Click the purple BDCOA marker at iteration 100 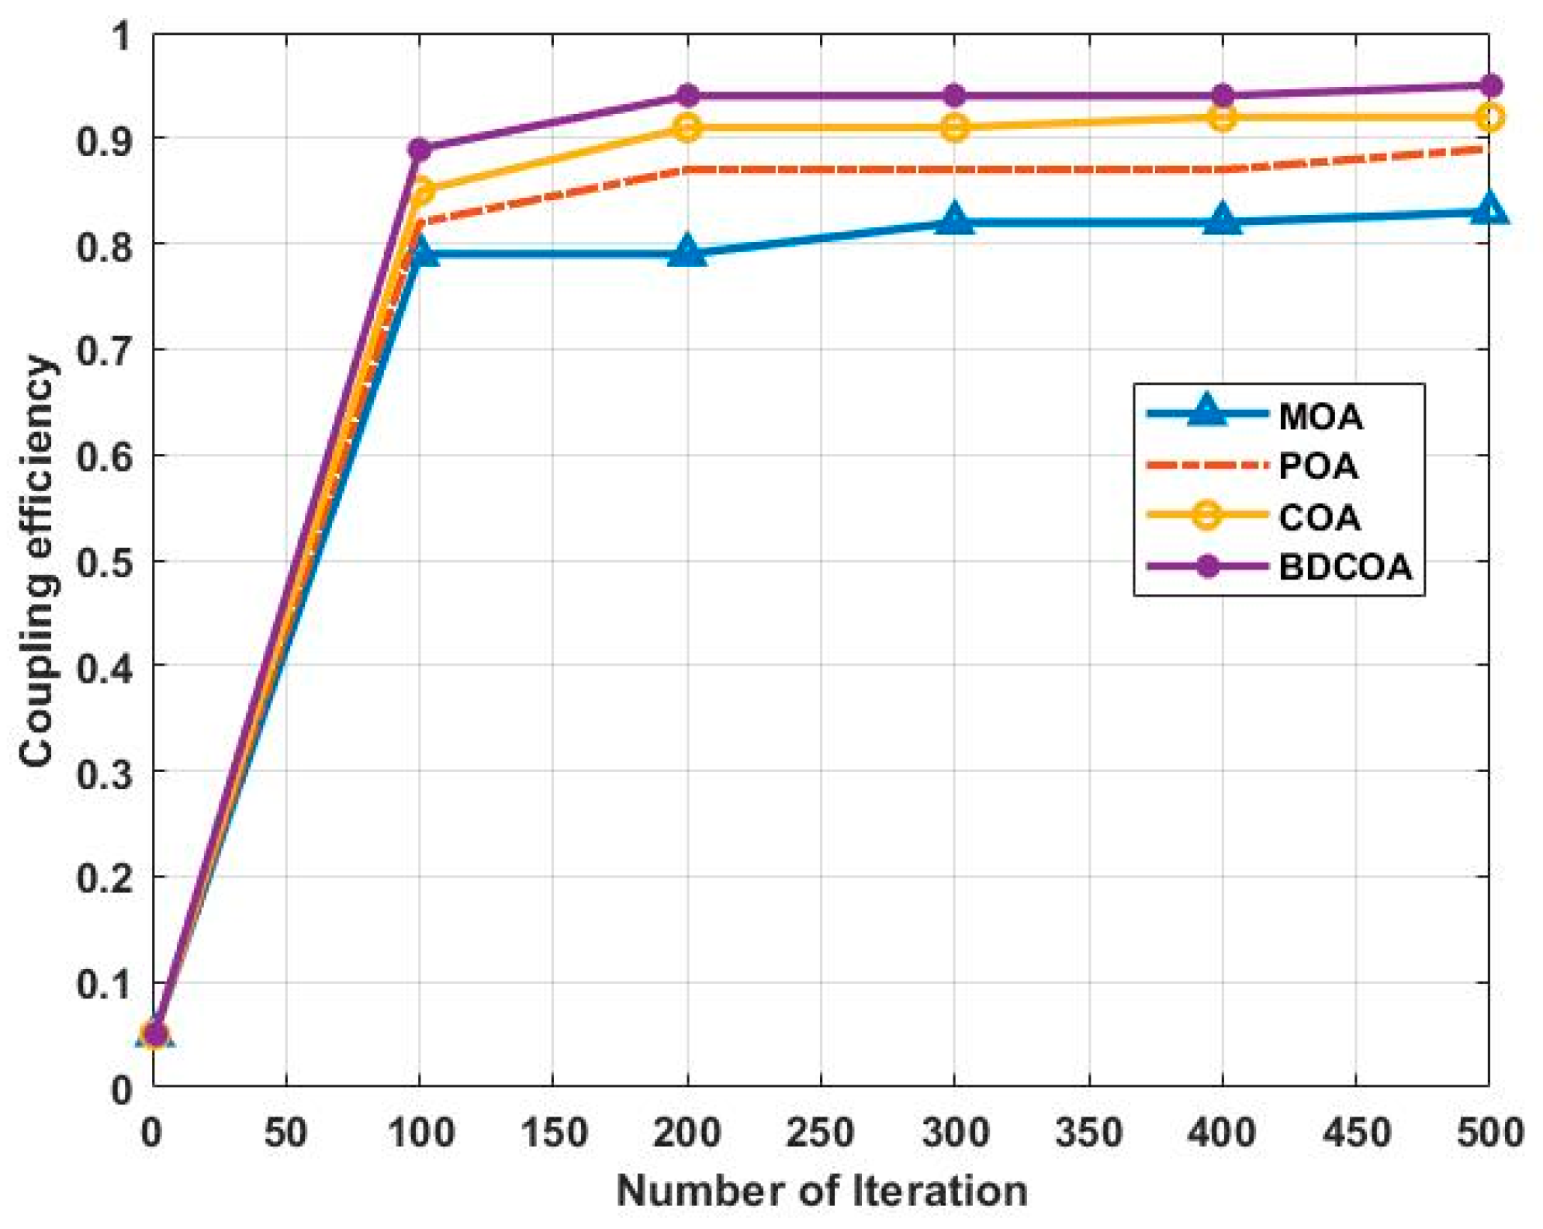[420, 149]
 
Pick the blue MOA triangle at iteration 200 [687, 252]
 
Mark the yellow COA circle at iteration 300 [955, 127]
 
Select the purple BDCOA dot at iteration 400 [1223, 96]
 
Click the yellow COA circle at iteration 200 [687, 127]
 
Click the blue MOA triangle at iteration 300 [955, 220]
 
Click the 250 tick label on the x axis [820, 1134]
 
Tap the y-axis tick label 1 [122, 36]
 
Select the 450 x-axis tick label [1356, 1134]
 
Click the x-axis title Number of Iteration [822, 1191]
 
